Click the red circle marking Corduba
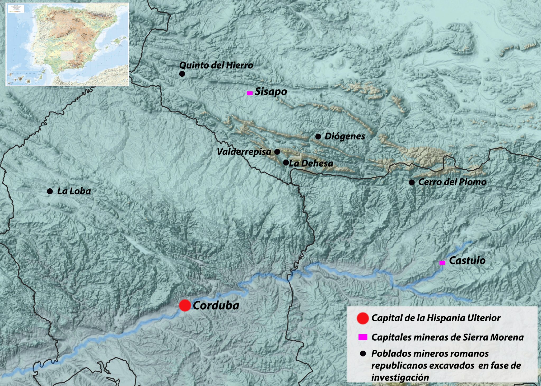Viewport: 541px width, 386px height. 185,305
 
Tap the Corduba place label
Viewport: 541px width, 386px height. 216,306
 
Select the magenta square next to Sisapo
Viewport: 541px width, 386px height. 250,93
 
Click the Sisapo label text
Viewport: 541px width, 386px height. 271,91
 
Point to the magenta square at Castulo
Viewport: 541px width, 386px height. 442,263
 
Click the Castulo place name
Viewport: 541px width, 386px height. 467,261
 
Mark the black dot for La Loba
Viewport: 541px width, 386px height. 50,191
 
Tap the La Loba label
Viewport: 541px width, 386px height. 74,191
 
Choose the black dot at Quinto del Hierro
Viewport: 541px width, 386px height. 182,74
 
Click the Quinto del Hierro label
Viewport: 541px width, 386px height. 216,65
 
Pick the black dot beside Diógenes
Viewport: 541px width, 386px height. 318,136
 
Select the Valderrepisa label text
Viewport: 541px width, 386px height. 244,152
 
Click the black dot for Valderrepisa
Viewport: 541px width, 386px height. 277,152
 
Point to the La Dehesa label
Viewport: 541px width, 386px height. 311,163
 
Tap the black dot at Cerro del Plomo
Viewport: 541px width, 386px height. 412,182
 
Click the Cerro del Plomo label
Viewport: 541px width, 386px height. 452,182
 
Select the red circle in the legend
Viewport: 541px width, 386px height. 362,318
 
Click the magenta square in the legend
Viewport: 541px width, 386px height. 363,337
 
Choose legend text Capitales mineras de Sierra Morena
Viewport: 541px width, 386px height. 447,337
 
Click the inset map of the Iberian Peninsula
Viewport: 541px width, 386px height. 67,44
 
